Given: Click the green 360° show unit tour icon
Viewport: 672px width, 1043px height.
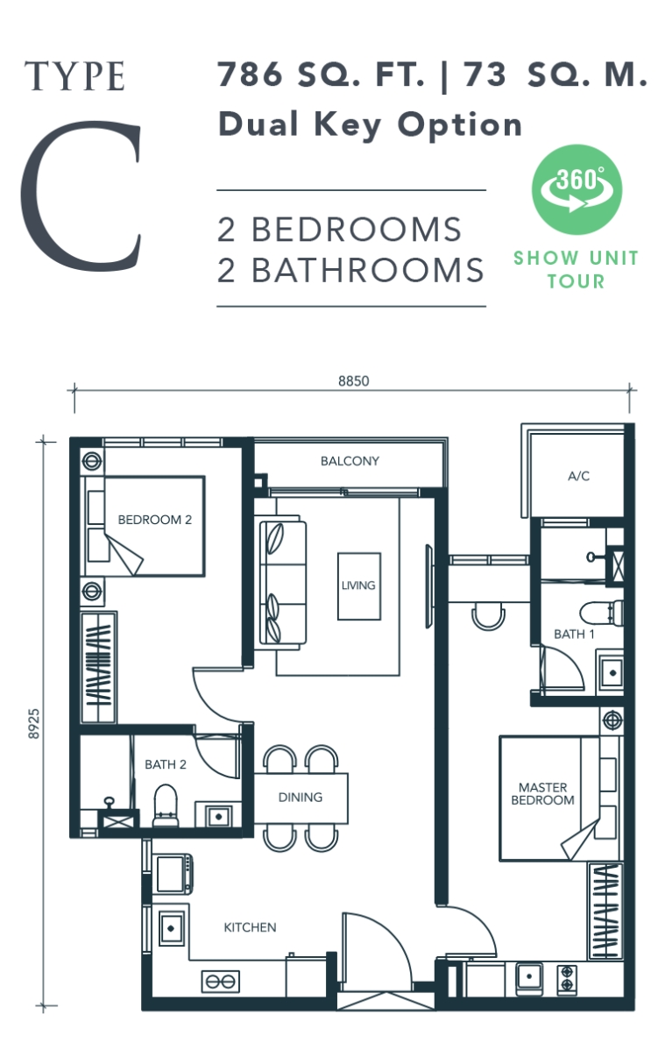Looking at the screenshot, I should click(577, 188).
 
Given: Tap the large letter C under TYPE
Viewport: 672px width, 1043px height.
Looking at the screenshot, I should click(81, 198).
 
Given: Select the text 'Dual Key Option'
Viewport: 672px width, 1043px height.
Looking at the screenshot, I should click(370, 124).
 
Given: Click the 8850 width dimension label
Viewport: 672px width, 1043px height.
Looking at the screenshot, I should click(353, 380).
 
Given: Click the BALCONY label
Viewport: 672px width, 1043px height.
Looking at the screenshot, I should click(350, 461).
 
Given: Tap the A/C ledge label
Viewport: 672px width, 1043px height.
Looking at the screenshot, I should click(578, 476).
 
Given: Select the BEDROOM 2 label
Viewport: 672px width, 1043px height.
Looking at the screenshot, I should click(154, 520).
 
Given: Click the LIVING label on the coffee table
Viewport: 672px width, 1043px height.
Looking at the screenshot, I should click(358, 585).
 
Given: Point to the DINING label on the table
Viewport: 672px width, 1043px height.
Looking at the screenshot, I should click(301, 798).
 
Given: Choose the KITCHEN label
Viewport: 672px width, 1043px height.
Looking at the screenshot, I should click(250, 927).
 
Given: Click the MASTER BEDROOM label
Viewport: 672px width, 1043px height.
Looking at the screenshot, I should click(542, 794).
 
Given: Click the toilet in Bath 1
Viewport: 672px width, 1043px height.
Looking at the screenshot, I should click(605, 610).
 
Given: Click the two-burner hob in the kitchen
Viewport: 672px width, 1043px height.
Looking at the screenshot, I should click(220, 981).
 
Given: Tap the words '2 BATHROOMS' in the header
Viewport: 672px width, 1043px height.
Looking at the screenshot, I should click(350, 270).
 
